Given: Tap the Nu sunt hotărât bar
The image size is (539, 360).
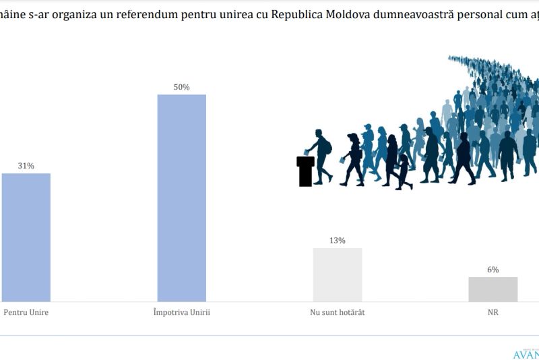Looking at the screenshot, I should [338, 274].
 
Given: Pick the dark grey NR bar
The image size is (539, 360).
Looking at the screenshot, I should [493, 289].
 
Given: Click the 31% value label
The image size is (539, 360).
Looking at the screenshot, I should [26, 165].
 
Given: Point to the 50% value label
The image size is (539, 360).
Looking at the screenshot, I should [182, 87].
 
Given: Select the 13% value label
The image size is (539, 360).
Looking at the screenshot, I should [338, 240].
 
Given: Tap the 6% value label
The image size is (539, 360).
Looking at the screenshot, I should [493, 269].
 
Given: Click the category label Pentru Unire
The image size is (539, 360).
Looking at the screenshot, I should [26, 313].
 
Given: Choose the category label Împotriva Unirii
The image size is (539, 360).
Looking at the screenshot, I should [182, 313].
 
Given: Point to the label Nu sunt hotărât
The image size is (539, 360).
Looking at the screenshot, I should [338, 313].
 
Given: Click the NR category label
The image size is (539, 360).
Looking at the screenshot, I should [493, 313].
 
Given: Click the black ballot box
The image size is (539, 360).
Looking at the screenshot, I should [305, 171].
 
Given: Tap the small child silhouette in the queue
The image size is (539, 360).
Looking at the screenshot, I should [404, 171].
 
